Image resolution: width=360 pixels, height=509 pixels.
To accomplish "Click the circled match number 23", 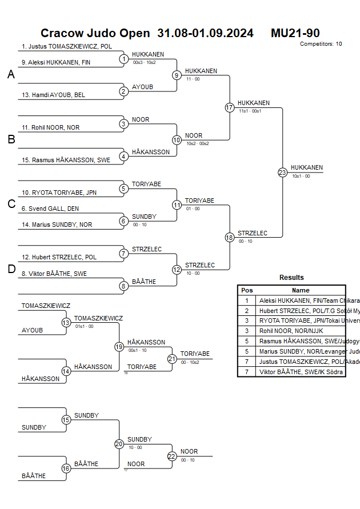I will (282, 173).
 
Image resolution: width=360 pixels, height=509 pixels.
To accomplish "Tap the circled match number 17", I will (230, 107).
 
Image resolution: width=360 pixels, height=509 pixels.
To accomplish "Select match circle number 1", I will (124, 59).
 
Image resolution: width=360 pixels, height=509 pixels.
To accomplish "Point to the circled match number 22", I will (172, 456).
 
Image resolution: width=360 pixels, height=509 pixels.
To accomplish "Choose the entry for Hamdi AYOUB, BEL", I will (53, 95).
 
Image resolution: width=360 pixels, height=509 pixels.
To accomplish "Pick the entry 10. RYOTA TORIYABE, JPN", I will (59, 193).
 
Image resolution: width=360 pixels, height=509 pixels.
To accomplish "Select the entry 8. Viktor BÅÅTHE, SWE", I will (54, 274).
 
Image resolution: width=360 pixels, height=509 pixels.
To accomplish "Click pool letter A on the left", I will (11, 74).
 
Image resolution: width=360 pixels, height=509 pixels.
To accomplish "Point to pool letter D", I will (11, 269).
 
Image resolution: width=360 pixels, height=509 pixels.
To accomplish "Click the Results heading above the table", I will (291, 278).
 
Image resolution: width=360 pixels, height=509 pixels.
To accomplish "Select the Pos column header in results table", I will (247, 290).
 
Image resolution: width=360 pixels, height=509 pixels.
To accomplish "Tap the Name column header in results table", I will (301, 290).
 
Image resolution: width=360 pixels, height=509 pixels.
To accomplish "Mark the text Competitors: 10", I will (321, 43).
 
